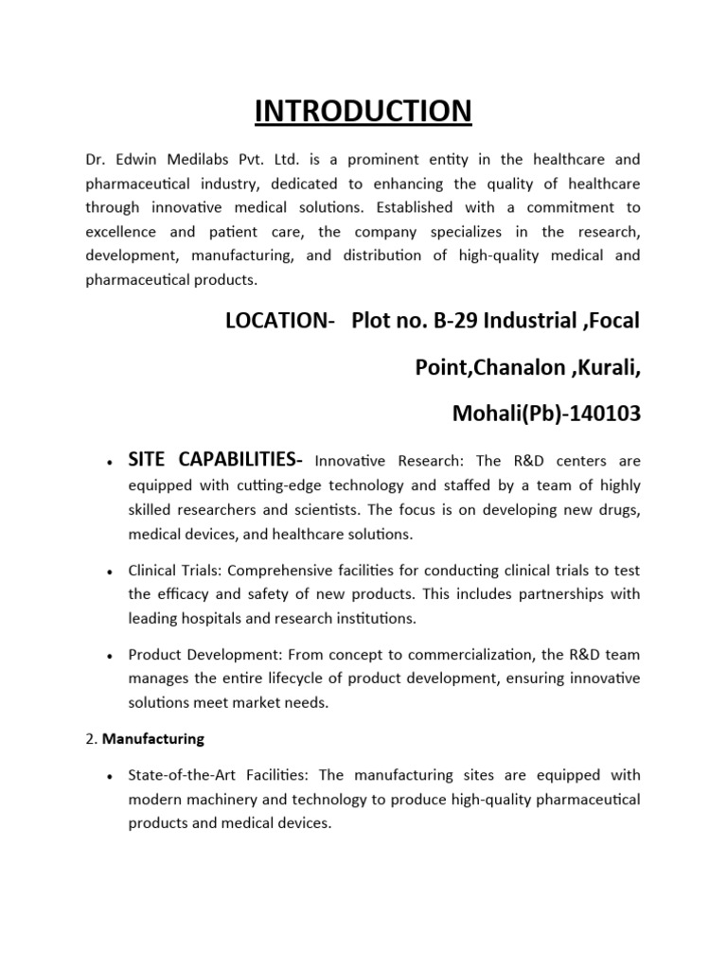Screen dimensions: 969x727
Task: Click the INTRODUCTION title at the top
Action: click(x=363, y=111)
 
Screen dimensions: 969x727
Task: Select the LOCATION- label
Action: click(x=280, y=321)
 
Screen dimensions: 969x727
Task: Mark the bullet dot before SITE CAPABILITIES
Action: click(x=111, y=462)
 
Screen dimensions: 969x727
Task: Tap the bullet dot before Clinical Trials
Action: click(x=111, y=573)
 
